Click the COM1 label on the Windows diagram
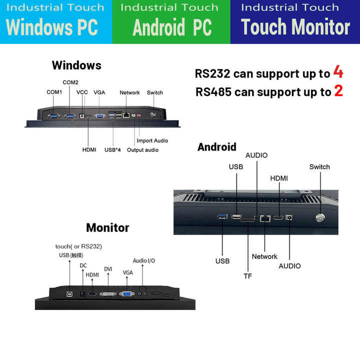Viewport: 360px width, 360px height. click(x=54, y=92)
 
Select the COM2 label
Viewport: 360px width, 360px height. click(x=70, y=82)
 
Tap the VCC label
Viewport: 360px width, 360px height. click(x=82, y=92)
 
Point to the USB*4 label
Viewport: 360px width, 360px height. click(x=112, y=149)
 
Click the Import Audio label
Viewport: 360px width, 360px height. click(x=152, y=140)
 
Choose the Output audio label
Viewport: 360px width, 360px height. click(x=142, y=149)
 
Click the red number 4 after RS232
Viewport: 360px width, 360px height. click(x=338, y=73)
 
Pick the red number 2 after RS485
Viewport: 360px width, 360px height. click(x=338, y=91)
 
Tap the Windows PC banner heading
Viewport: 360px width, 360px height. click(x=52, y=27)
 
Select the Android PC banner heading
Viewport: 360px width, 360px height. click(x=172, y=27)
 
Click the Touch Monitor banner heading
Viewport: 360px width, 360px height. click(x=295, y=27)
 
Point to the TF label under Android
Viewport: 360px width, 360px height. click(x=247, y=275)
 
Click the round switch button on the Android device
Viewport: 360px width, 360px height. click(x=319, y=218)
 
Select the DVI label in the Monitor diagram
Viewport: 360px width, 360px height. click(x=108, y=269)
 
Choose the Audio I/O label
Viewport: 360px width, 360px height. click(x=143, y=260)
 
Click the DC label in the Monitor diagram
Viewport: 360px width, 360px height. click(x=83, y=265)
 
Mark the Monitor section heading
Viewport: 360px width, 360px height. click(x=107, y=227)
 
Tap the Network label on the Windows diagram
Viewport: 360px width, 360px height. click(x=129, y=92)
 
